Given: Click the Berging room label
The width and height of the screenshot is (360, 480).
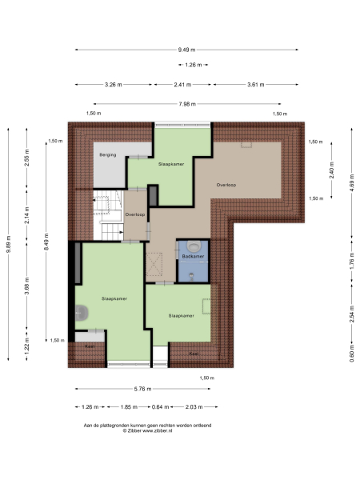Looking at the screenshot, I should [x=109, y=154].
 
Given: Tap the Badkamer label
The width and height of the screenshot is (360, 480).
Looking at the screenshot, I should [x=193, y=256].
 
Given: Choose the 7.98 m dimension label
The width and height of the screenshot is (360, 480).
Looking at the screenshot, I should [x=189, y=103].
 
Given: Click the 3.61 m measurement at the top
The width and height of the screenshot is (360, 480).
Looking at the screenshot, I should [x=256, y=84].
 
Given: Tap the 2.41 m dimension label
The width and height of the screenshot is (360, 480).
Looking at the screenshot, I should [x=182, y=84].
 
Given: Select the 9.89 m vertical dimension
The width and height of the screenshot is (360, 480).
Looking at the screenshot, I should [x=8, y=244].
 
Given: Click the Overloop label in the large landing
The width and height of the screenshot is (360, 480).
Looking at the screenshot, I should [x=226, y=185].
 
